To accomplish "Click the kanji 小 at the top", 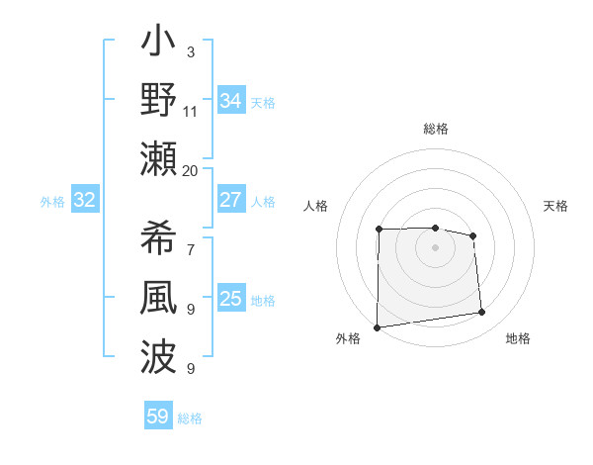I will coord(159,46).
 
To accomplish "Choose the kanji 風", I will coord(159,299).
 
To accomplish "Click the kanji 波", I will coord(159,354).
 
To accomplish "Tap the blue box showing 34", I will coord(230,101).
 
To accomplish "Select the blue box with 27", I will coord(230,200).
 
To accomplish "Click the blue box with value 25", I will coord(230,299).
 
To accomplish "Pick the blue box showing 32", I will coord(84,201).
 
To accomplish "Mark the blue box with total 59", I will coord(157,417).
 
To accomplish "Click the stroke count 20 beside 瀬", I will coord(190,170).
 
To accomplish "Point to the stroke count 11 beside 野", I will coord(190,111).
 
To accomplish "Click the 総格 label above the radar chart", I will coord(435,129).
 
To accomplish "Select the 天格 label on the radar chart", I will coord(555,206).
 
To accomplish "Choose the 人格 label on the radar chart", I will coord(315,206).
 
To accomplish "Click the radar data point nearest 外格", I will coord(377,326).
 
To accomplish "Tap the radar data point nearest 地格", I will coord(481,313).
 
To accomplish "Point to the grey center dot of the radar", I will coord(435,246).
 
